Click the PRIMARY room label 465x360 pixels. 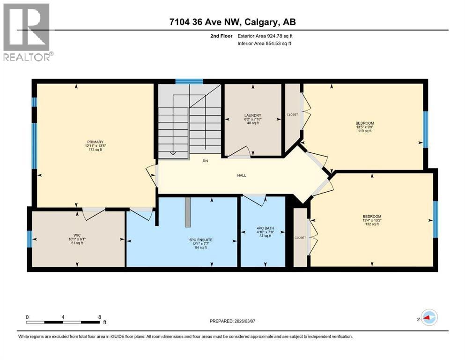tap(95, 142)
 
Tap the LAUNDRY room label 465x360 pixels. tap(253, 115)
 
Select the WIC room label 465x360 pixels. tap(77, 235)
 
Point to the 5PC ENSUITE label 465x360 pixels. tap(201, 240)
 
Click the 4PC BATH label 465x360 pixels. tap(266, 228)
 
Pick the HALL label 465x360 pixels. tap(242, 175)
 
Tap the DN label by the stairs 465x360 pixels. tap(205, 161)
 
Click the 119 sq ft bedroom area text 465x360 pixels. tap(365, 131)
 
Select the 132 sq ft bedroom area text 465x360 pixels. tap(372, 224)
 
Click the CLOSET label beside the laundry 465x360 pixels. tap(292, 114)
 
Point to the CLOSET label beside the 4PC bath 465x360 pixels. tap(300, 238)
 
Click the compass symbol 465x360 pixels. tap(429, 317)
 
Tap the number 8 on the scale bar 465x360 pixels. tap(100, 317)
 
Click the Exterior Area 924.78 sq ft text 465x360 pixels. tap(265, 36)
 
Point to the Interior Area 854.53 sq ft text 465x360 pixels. tap(264, 43)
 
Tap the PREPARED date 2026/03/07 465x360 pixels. tap(244, 321)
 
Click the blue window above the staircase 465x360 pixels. tap(189, 81)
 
